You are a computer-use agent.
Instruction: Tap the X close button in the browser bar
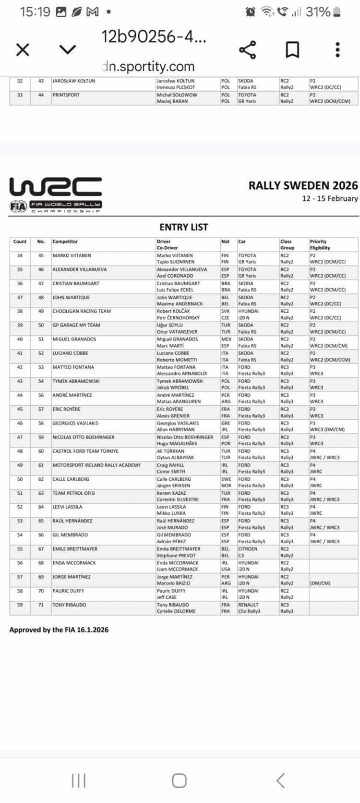point(23,49)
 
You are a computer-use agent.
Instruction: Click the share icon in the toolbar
point(247,49)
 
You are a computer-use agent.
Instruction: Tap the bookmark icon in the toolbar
point(292,49)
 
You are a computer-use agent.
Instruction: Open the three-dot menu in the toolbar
point(337,49)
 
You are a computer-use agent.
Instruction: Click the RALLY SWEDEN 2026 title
point(303,186)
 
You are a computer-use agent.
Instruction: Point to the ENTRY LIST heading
point(184,227)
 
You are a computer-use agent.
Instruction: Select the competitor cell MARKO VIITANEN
point(72,255)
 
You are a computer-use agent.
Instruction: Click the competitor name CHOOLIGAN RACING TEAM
point(82,311)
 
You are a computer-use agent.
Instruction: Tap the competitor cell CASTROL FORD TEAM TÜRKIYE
point(85,451)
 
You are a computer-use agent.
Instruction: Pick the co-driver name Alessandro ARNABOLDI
point(182,374)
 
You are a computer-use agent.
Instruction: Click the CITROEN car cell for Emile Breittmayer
point(248,549)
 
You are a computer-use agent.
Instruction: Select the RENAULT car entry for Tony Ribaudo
point(248,605)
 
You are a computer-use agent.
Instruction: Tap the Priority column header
point(318,242)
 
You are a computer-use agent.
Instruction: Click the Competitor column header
point(65,242)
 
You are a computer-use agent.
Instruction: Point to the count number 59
point(20,605)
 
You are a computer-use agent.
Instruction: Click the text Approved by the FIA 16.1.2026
point(59,630)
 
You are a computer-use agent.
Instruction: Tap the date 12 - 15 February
point(330,199)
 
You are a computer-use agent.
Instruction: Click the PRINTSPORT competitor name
point(66,95)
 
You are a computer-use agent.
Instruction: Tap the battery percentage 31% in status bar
point(318,12)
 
